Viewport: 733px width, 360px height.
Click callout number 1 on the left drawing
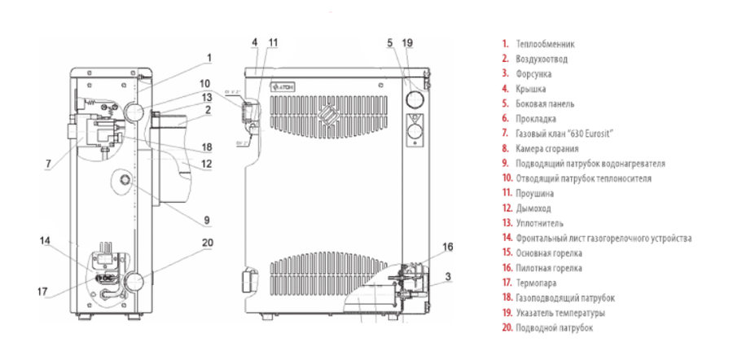coord(208,58)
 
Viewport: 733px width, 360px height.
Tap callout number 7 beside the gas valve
coord(48,164)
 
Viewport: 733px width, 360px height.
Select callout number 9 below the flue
coord(207,219)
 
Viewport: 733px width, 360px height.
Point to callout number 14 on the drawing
coord(44,240)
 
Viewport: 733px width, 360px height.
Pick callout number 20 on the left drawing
coord(207,242)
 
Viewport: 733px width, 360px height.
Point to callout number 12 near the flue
coord(207,164)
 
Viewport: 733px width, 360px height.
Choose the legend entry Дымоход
coord(532,209)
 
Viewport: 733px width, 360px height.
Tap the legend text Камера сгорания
coord(547,148)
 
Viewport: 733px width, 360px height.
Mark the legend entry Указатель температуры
coord(560,313)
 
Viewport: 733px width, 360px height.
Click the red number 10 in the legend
coord(507,178)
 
